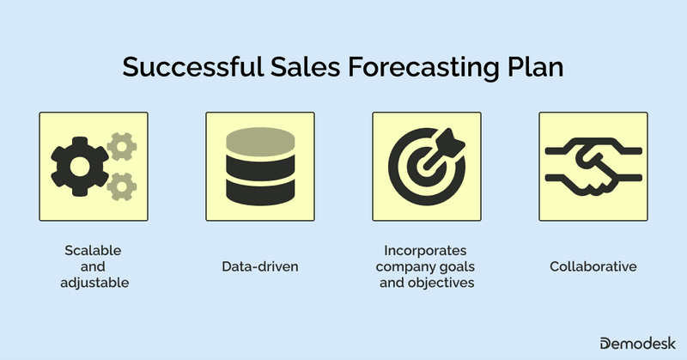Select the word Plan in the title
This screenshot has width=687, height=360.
point(533,68)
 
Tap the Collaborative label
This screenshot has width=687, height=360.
point(593,267)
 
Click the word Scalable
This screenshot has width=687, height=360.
point(93,251)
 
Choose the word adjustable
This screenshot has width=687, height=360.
point(93,283)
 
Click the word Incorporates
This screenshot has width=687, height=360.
point(426,251)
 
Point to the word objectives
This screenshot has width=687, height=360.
point(446,283)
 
